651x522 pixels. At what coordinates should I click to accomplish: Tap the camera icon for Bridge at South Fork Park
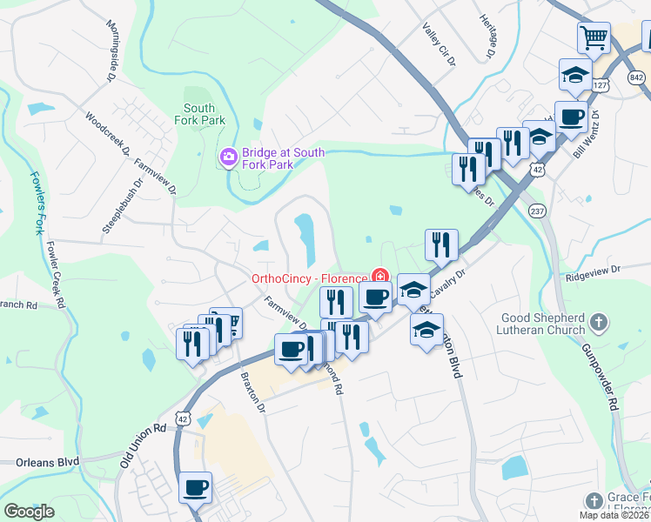228,157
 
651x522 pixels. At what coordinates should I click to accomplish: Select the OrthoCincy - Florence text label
309,278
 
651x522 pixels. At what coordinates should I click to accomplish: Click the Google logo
29,512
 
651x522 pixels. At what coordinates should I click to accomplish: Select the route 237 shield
537,211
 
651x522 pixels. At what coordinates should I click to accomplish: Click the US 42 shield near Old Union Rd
181,418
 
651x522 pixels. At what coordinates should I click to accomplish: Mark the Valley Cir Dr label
439,45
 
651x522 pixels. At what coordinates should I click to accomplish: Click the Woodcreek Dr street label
108,133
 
